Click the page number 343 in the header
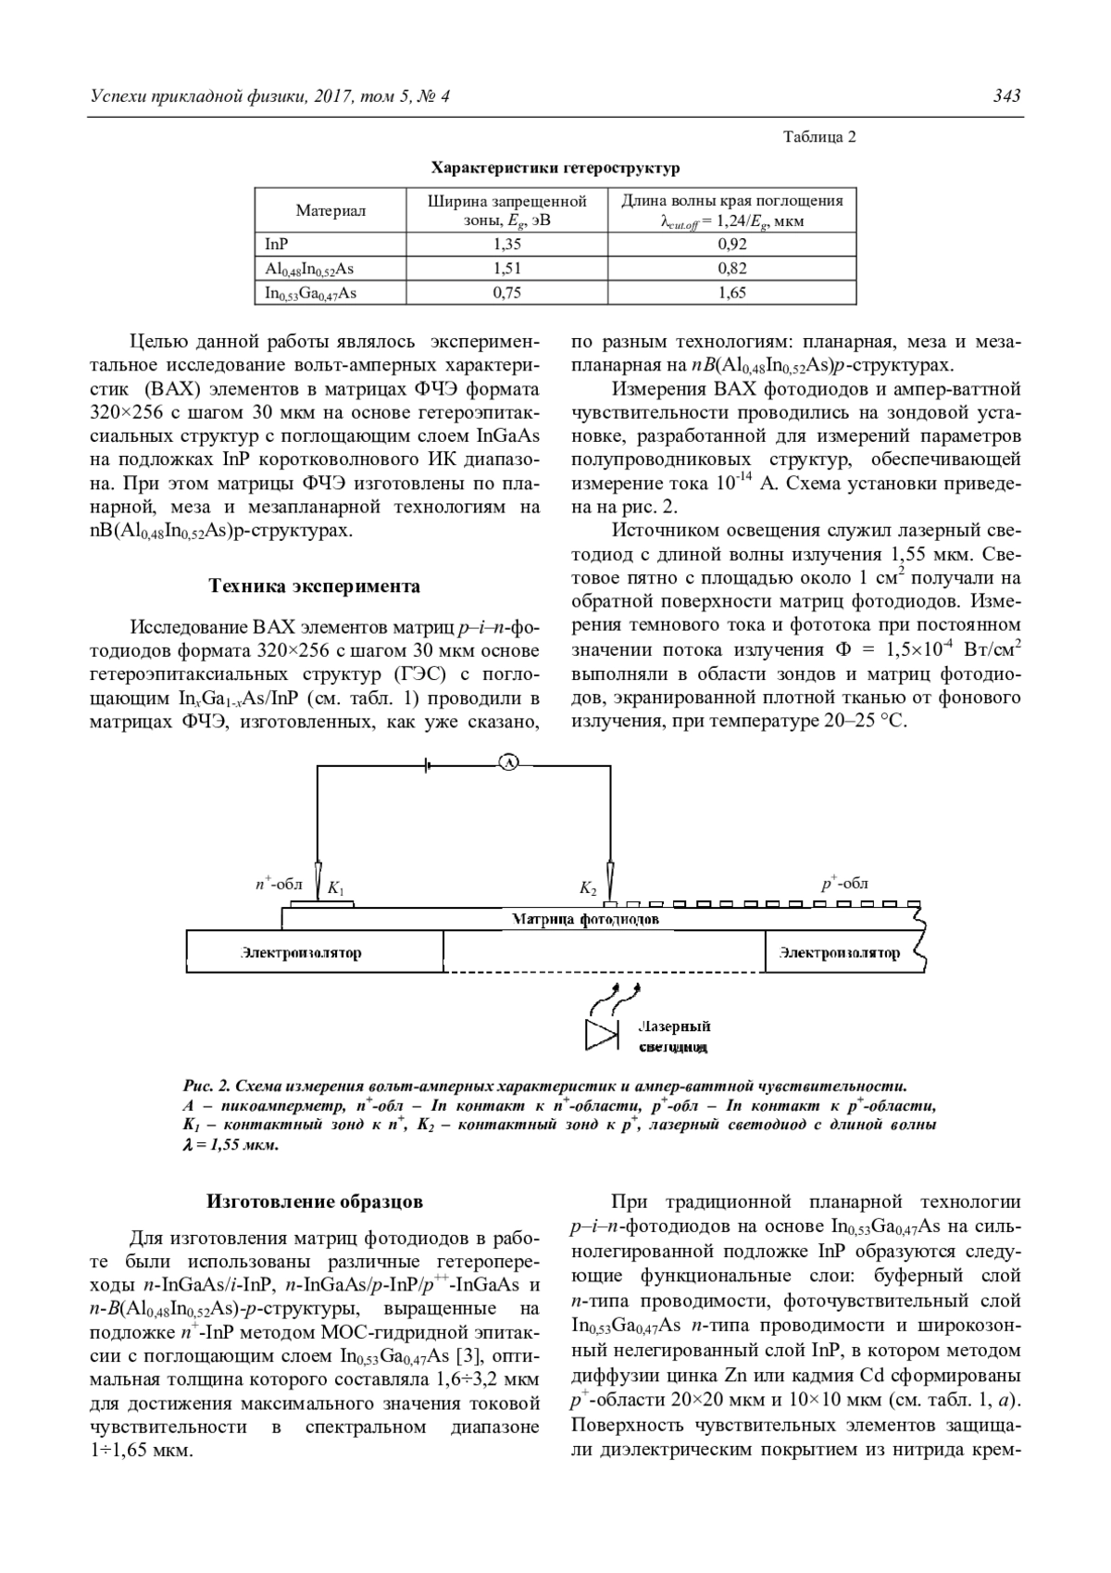pyautogui.click(x=1006, y=96)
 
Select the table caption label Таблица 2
pyautogui.click(x=819, y=137)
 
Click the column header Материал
pyautogui.click(x=331, y=210)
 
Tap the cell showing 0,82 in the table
pyautogui.click(x=731, y=269)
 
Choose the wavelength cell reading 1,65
pyautogui.click(x=731, y=293)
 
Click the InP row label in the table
pyautogui.click(x=276, y=245)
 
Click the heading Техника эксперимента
pyautogui.click(x=314, y=586)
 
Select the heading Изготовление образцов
pyautogui.click(x=314, y=1202)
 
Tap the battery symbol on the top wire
pyautogui.click(x=427, y=764)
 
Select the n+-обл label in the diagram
pyautogui.click(x=279, y=885)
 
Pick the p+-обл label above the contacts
pyautogui.click(x=844, y=884)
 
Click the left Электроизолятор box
pyautogui.click(x=315, y=952)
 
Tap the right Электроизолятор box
pyautogui.click(x=839, y=952)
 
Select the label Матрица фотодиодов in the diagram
pyautogui.click(x=585, y=919)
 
